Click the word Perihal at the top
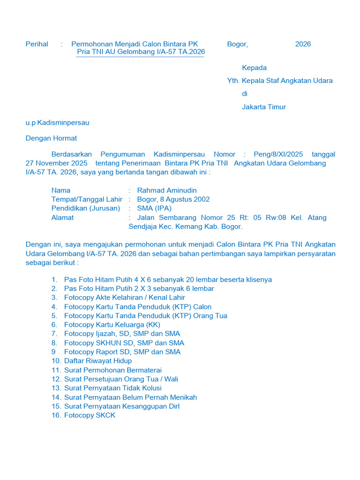point(37,44)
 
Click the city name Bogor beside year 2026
point(237,44)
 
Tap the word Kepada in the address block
point(254,67)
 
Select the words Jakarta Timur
point(263,107)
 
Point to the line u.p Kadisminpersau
point(57,123)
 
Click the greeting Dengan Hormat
point(51,138)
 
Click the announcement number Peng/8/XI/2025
point(278,154)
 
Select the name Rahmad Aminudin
point(167,190)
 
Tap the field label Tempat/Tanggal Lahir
point(87,199)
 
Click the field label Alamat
point(62,217)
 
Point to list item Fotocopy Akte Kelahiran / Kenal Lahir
point(124,298)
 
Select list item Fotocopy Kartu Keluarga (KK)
point(112,325)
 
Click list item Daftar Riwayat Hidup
point(98,361)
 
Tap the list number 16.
point(56,415)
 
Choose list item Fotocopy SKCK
point(90,415)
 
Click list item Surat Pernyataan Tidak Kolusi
point(112,388)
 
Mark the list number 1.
point(54,280)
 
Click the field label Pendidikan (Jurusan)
point(85,208)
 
